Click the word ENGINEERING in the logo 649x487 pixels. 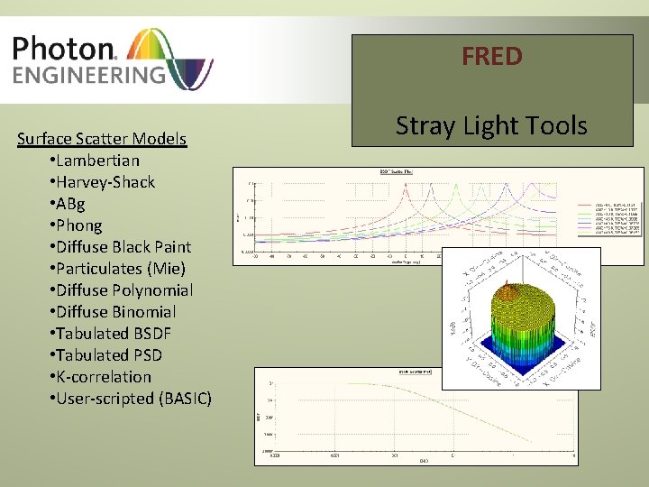tap(88, 74)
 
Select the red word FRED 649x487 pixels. tap(492, 57)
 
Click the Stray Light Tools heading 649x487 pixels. tap(492, 125)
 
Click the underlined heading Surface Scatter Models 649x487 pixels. tap(102, 139)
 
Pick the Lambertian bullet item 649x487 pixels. tap(96, 161)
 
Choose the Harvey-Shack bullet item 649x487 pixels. tap(104, 182)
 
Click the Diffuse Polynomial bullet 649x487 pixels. tap(123, 290)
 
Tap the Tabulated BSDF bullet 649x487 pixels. tap(112, 334)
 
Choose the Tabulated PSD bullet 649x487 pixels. tap(107, 355)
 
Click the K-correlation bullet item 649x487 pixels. tap(102, 377)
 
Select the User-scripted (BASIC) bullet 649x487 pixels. tap(132, 399)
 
